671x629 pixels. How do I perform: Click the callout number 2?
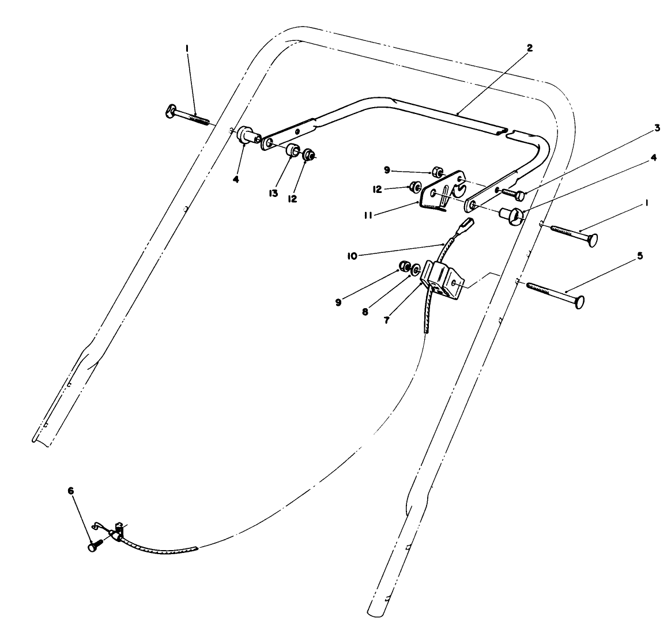[530, 48]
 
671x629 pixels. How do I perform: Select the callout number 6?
[71, 491]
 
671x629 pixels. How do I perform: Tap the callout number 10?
[352, 255]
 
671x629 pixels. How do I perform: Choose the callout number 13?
[274, 193]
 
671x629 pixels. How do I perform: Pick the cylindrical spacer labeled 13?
[293, 151]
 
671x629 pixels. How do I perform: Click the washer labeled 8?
[414, 268]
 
